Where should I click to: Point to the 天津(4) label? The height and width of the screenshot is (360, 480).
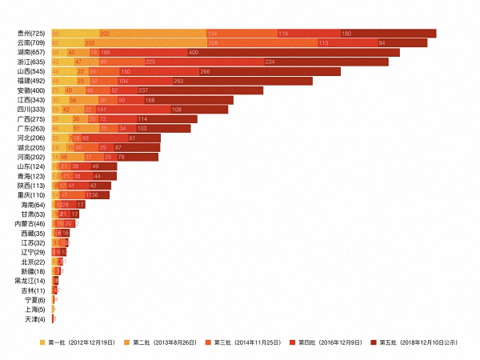pos(36,319)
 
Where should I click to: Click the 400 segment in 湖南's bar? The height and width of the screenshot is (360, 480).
pos(256,52)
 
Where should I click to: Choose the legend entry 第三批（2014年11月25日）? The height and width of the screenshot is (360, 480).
pos(248,342)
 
